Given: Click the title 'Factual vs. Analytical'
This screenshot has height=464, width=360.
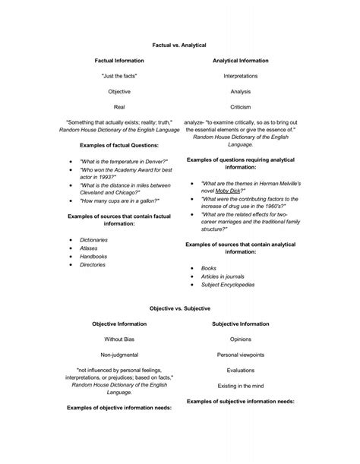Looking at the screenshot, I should point(180,47).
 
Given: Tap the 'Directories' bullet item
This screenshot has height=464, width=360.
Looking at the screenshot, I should point(93,265).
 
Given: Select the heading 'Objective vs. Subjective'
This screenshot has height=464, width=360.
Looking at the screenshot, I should point(180,309).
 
